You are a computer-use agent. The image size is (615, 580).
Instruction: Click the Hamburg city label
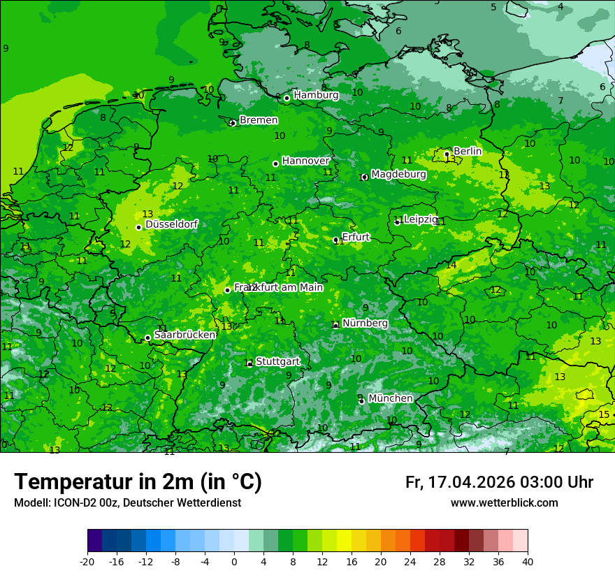316,95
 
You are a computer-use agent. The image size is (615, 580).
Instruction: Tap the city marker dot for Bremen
233,123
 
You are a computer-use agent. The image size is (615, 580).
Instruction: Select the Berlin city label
468,151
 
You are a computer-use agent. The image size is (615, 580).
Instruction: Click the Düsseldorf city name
171,224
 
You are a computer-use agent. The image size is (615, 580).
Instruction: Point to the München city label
390,398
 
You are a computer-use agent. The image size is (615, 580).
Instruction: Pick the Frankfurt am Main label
278,287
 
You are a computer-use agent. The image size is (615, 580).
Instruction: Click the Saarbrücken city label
184,335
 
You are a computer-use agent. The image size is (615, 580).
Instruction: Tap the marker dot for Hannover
275,164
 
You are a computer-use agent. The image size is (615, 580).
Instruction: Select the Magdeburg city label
398,174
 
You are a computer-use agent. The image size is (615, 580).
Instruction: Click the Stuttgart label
277,361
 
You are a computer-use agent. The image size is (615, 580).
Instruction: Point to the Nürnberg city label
365,324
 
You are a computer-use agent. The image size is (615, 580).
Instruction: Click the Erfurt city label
355,237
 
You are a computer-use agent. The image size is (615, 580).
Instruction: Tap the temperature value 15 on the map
604,414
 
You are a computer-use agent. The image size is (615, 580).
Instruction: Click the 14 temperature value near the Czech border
451,265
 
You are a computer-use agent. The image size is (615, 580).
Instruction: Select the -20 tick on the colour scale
87,561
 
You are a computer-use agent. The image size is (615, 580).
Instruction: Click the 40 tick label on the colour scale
528,561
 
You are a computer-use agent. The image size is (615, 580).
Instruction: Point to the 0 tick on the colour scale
234,561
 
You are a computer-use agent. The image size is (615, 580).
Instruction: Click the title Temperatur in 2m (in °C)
138,482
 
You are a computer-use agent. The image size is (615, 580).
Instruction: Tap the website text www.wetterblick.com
504,503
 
